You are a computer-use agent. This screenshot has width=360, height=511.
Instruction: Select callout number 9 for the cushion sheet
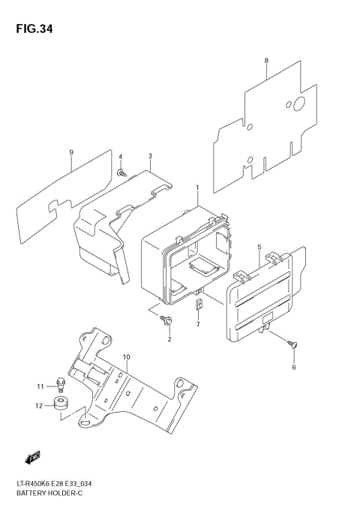pos(71,153)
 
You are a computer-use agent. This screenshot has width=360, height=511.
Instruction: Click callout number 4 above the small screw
pos(120,156)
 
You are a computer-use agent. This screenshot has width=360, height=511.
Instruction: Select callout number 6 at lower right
pos(293,367)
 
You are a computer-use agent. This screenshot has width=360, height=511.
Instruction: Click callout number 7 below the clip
pos(198,324)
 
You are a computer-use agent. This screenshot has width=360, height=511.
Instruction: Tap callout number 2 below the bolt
pos(169,339)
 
